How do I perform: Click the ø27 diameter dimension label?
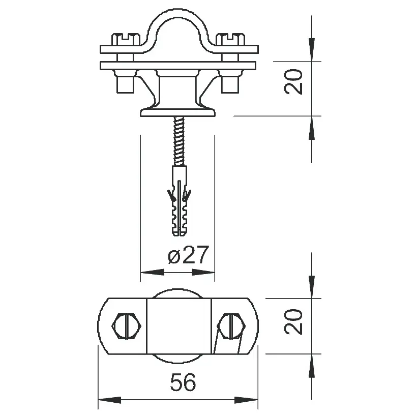[188, 254]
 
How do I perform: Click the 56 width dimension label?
[183, 382]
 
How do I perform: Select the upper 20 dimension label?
[293, 81]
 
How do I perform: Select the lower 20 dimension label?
[293, 321]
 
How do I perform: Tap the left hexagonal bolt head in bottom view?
[127, 326]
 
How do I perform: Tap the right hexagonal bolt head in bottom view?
[231, 326]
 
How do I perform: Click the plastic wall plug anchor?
[180, 200]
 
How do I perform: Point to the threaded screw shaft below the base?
[179, 141]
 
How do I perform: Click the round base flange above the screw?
[177, 111]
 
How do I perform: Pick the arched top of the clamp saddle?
[177, 13]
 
